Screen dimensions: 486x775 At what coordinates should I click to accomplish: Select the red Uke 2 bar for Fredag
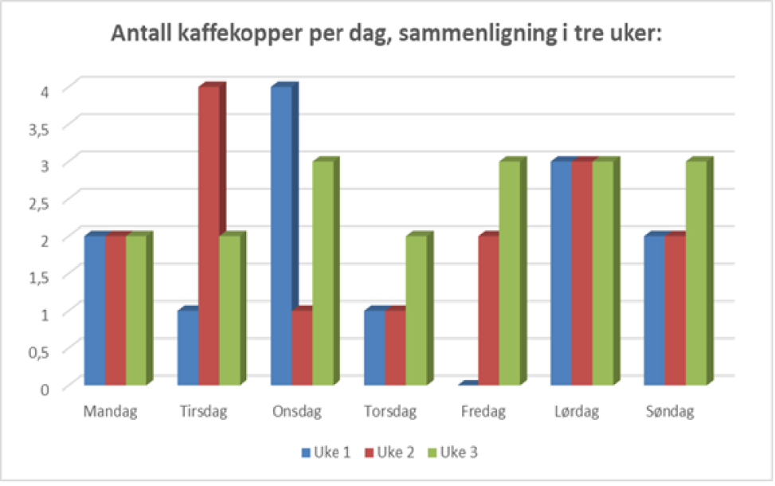(488, 310)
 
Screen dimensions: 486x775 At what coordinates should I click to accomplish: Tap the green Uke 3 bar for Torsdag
(416, 310)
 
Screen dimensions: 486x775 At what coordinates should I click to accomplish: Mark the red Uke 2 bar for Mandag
(115, 310)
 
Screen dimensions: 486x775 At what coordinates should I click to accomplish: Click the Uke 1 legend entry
(323, 453)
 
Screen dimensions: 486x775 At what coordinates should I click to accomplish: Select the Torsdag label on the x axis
(391, 412)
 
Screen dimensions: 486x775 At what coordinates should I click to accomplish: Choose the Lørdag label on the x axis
(577, 412)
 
